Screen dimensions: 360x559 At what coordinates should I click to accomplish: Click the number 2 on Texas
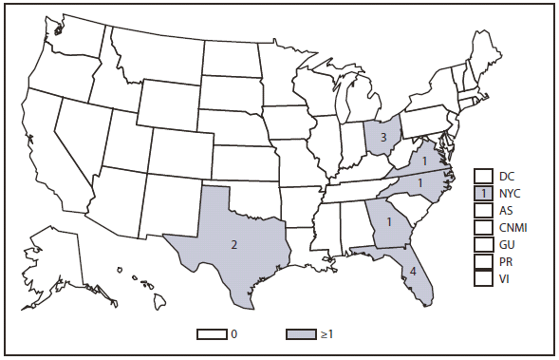coord(234,245)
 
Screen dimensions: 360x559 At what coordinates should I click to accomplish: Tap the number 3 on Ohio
coord(382,138)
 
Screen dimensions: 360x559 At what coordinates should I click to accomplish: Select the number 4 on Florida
coord(412,271)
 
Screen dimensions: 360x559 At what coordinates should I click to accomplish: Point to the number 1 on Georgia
coord(388,221)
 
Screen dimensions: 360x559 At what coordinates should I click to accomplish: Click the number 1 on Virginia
coord(425,161)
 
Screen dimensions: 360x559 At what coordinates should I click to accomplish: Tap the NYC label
coord(510,193)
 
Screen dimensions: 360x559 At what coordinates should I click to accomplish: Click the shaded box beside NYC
coord(483,193)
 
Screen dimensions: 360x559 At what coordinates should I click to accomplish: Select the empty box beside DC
coord(483,176)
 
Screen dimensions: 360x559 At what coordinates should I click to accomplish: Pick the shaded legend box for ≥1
coord(301,334)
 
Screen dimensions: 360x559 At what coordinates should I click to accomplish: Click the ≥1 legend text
coord(327,334)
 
